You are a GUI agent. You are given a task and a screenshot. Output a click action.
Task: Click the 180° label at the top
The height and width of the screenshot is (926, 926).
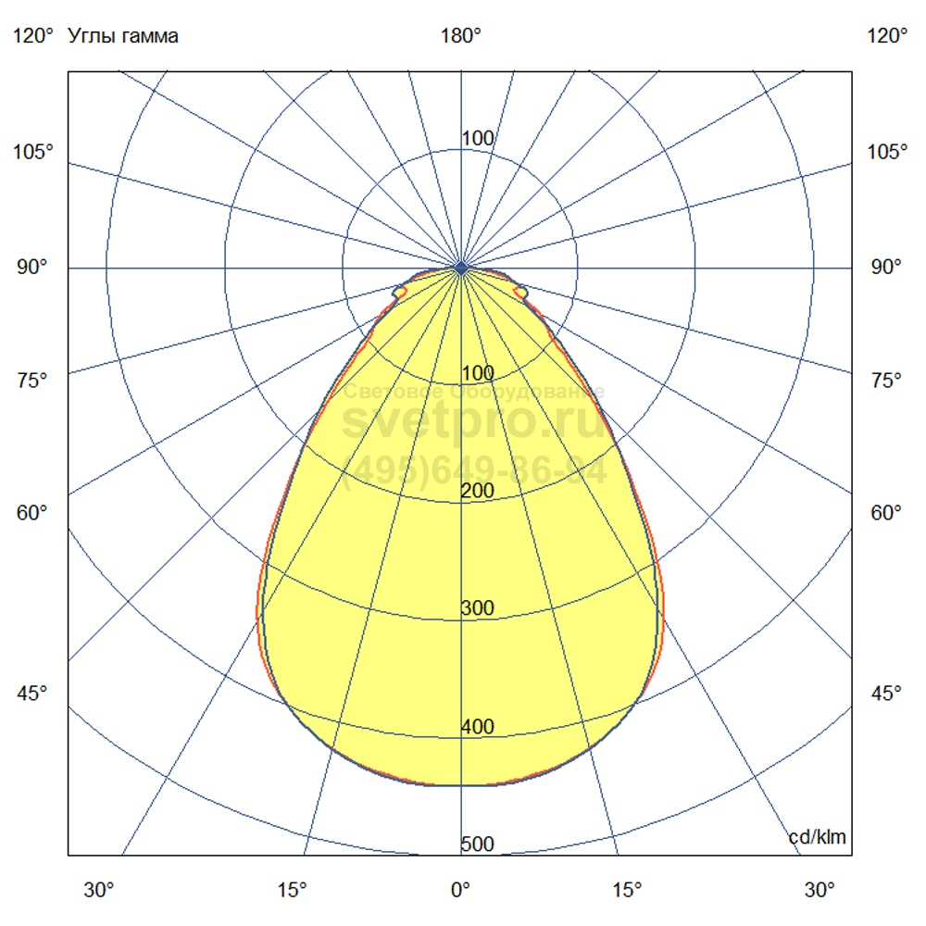(461, 36)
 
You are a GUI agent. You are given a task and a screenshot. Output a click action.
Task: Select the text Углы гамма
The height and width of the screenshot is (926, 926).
(123, 36)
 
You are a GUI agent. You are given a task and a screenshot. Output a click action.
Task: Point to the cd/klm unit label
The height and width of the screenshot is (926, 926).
(817, 838)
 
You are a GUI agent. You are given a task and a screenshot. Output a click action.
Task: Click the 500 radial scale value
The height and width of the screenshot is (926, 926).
(477, 845)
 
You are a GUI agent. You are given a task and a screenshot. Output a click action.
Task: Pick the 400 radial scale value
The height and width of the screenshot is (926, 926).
(477, 727)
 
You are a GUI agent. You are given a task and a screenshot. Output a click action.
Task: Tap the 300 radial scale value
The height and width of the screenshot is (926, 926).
(477, 608)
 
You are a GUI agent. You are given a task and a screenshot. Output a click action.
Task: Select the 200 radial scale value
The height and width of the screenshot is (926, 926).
(477, 491)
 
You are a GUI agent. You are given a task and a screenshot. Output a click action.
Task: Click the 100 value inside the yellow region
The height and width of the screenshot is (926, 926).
(477, 373)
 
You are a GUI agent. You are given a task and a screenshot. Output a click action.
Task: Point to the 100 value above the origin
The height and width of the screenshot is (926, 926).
(477, 139)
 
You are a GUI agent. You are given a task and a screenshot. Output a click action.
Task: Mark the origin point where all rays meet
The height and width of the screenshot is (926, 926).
(461, 269)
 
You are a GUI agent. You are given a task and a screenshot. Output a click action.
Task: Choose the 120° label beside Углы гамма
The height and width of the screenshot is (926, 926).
(33, 36)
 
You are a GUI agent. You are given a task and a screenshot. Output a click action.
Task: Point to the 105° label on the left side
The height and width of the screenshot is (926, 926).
(33, 152)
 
